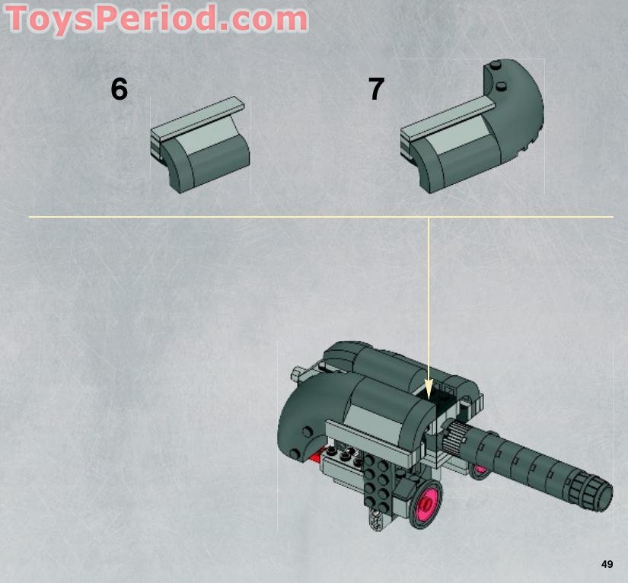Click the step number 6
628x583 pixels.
pyautogui.click(x=119, y=90)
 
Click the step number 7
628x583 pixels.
pyautogui.click(x=376, y=90)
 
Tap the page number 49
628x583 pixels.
pyautogui.click(x=607, y=564)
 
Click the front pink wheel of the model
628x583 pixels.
pyautogui.click(x=426, y=503)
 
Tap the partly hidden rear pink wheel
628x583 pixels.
pyautogui.click(x=479, y=470)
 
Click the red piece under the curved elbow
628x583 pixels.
pyautogui.click(x=316, y=457)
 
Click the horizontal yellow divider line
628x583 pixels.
pyautogui.click(x=228, y=217)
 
